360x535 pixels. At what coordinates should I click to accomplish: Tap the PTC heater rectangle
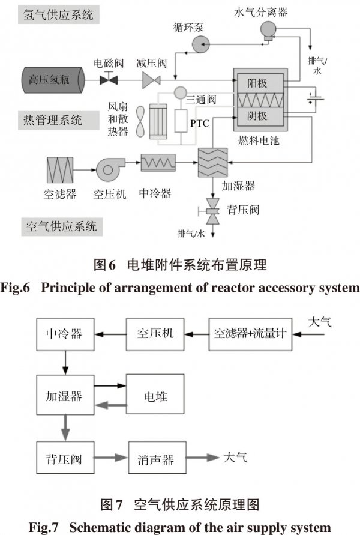coord(181,122)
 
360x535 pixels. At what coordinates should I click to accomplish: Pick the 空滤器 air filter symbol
coord(60,169)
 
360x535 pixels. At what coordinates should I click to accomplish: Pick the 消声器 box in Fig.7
coord(159,460)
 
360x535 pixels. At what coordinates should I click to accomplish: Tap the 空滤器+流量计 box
coord(249,332)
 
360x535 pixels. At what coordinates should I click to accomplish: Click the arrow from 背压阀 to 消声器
coord(112,460)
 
